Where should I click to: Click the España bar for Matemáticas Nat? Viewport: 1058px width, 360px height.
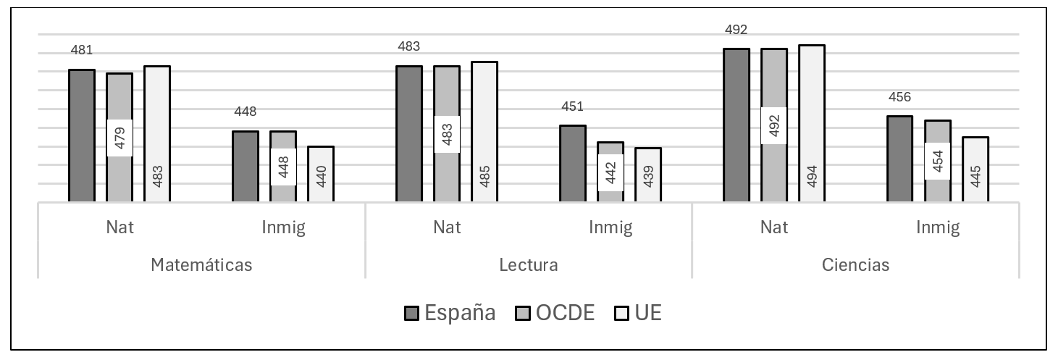(x=82, y=135)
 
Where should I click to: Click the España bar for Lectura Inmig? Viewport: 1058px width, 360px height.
(x=573, y=163)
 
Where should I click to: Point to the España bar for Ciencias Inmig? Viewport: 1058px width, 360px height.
(x=900, y=158)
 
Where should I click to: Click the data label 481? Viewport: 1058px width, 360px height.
(x=82, y=51)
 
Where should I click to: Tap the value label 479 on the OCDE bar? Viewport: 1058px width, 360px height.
(x=119, y=138)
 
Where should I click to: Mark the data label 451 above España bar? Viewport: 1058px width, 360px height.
(x=573, y=107)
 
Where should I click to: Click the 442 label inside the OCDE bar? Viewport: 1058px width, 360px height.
(x=610, y=173)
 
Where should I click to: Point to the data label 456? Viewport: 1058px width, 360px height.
(x=900, y=97)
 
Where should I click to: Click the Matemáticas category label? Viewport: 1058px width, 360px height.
(x=201, y=264)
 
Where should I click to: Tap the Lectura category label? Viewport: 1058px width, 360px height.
(x=529, y=264)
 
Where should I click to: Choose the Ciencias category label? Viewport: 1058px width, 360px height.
(x=856, y=264)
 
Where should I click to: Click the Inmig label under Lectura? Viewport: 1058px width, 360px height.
(x=610, y=227)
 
